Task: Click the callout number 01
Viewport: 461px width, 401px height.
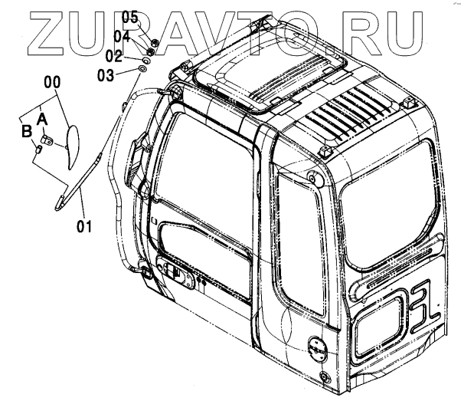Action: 84,226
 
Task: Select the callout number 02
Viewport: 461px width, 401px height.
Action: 113,56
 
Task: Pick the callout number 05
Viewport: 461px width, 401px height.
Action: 130,17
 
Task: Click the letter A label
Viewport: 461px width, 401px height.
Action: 43,117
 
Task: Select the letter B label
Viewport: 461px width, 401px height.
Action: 26,131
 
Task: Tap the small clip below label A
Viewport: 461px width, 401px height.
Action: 47,140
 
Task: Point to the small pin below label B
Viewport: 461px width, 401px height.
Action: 37,149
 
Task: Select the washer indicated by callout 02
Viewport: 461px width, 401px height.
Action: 146,58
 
